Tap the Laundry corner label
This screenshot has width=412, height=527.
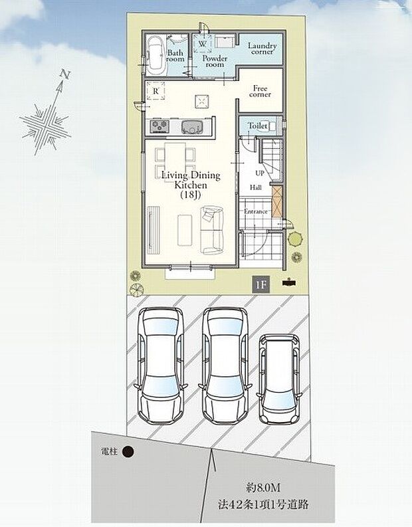tap(262, 49)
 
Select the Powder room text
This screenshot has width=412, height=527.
tap(215, 61)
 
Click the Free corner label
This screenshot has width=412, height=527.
tap(260, 92)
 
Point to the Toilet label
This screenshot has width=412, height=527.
tap(258, 126)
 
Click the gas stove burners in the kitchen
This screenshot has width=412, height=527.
tap(159, 127)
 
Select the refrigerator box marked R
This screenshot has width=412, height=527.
tap(155, 91)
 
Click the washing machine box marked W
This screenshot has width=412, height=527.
tap(202, 44)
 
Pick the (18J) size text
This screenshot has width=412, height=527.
tap(191, 195)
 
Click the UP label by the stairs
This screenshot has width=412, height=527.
tap(260, 173)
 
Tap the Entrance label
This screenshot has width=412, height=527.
tap(256, 211)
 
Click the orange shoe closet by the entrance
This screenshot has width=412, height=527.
tap(277, 200)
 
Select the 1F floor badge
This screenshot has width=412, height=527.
tap(261, 285)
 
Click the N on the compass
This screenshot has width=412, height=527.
tap(64, 74)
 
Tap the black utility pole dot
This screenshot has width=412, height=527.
tap(128, 452)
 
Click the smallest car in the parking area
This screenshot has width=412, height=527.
tap(278, 378)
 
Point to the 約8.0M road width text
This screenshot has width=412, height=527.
tap(262, 487)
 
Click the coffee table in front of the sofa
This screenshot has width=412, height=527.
tap(185, 230)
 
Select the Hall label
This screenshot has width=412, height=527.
tap(255, 187)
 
